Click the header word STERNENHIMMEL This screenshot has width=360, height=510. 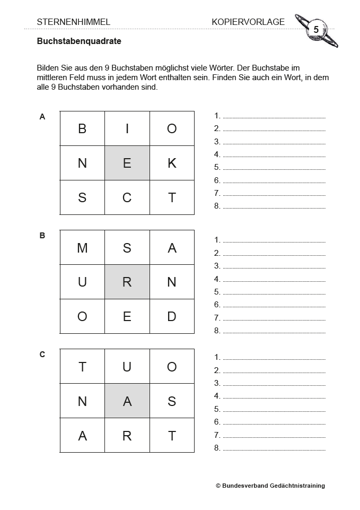(74, 22)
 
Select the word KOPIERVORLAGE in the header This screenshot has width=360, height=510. (248, 22)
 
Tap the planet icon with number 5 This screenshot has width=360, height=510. (316, 30)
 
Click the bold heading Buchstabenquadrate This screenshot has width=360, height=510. (79, 41)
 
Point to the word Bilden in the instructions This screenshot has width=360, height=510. (48, 68)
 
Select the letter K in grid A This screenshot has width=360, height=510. (172, 163)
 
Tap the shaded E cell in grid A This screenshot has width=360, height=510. (127, 163)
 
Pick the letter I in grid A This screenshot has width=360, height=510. (127, 128)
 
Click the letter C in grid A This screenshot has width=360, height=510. (127, 197)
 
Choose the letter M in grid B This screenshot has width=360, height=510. (82, 247)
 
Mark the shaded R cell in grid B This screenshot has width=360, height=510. (127, 282)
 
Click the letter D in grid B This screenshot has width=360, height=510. (172, 316)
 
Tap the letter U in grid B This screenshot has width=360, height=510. (82, 282)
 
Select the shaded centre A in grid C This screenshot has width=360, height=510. (127, 401)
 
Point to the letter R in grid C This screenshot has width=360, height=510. (127, 436)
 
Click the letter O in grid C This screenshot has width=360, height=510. (172, 367)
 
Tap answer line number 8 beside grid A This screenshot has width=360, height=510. (274, 206)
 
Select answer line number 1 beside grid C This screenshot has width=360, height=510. (274, 358)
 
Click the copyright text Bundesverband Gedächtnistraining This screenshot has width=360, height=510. (270, 486)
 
